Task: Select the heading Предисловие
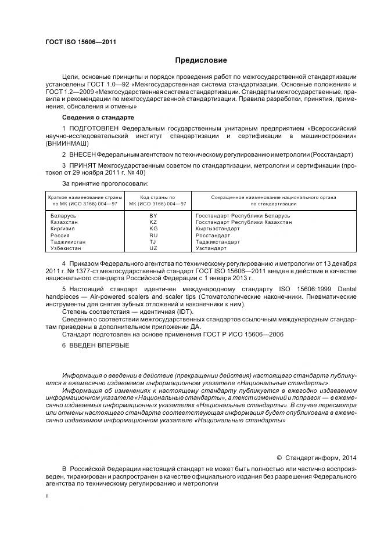(201, 60)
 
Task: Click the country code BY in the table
(153, 216)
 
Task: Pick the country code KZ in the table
(153, 222)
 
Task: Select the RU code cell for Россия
(153, 235)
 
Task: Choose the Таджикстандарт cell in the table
(218, 241)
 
